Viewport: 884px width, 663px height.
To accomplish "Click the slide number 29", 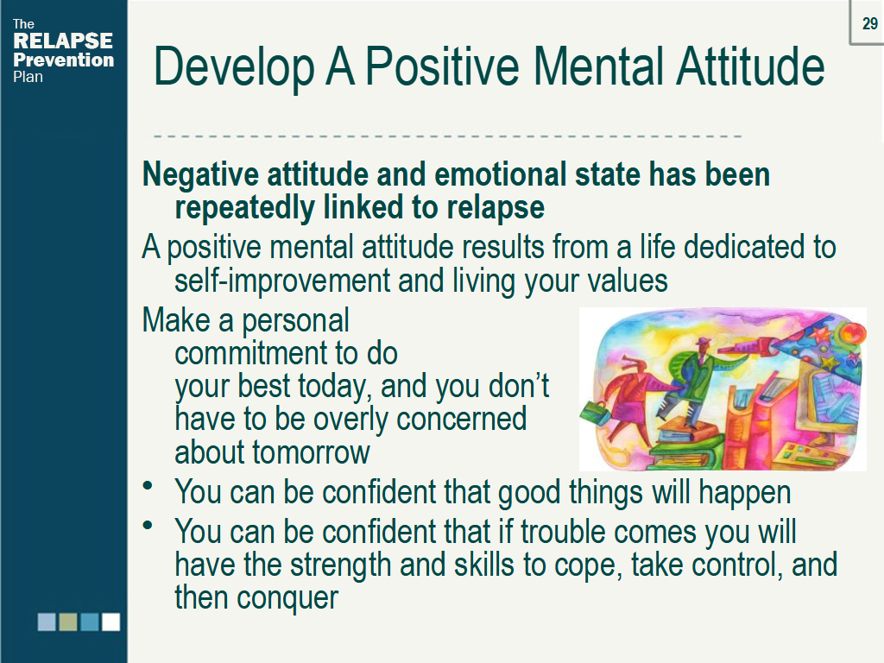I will [x=869, y=24].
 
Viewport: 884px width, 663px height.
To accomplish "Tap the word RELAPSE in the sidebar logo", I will [x=63, y=41].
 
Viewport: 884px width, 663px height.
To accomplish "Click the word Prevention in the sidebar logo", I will [x=63, y=60].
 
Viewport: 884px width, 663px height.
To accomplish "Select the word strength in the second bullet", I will [x=337, y=565].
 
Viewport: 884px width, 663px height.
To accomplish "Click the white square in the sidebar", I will [x=110, y=622].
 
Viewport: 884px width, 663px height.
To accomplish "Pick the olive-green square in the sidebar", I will [x=68, y=622].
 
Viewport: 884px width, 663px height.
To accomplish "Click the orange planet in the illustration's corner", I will [x=854, y=331].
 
